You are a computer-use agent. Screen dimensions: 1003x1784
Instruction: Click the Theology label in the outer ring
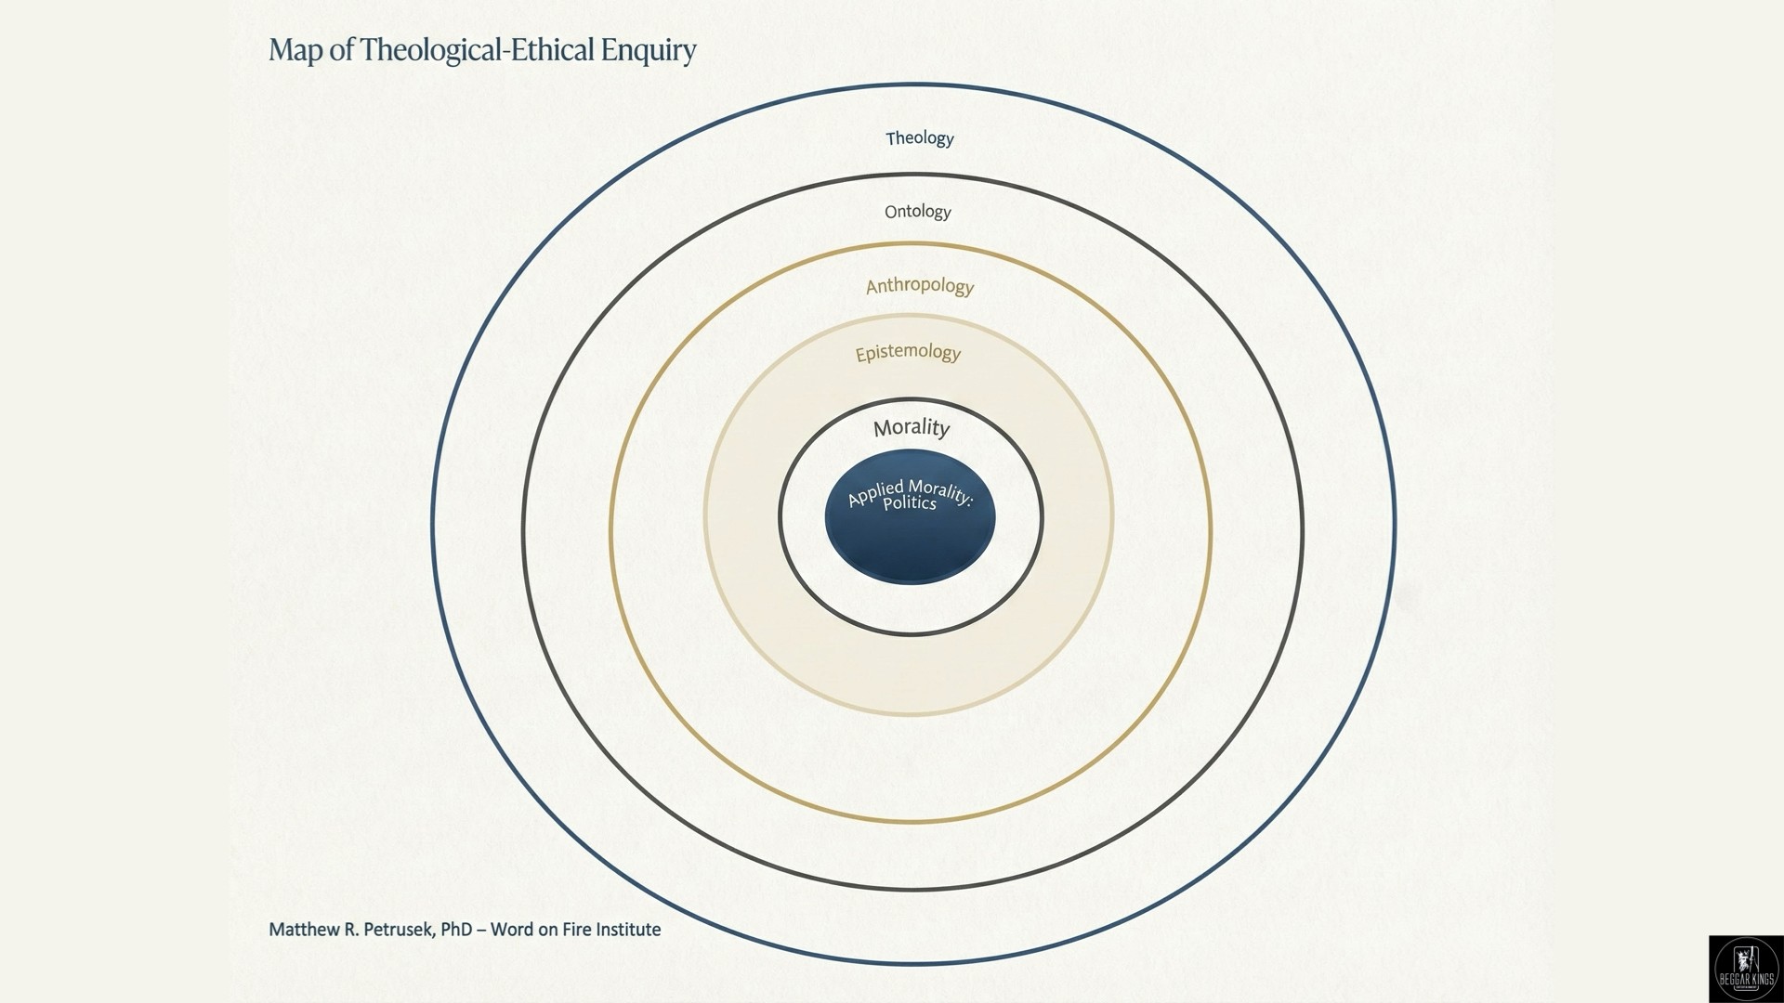click(x=920, y=138)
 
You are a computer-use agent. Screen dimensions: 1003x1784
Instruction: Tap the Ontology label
click(x=918, y=212)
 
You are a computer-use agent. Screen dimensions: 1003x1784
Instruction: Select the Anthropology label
click(x=920, y=286)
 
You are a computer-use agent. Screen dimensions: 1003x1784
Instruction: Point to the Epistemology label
click(x=908, y=353)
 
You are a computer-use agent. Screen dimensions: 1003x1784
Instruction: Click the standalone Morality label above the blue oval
click(x=912, y=427)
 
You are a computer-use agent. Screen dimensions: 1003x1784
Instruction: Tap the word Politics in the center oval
click(x=910, y=503)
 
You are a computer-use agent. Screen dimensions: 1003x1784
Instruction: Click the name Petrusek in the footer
click(x=397, y=930)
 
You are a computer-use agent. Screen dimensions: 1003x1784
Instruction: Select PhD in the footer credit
click(x=457, y=930)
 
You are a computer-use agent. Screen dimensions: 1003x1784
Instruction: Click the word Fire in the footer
click(x=575, y=930)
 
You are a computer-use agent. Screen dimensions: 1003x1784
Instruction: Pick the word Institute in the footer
click(x=628, y=930)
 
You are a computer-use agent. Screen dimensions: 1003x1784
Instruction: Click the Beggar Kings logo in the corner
click(x=1746, y=969)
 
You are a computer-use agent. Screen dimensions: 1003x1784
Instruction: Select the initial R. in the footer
click(x=350, y=930)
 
